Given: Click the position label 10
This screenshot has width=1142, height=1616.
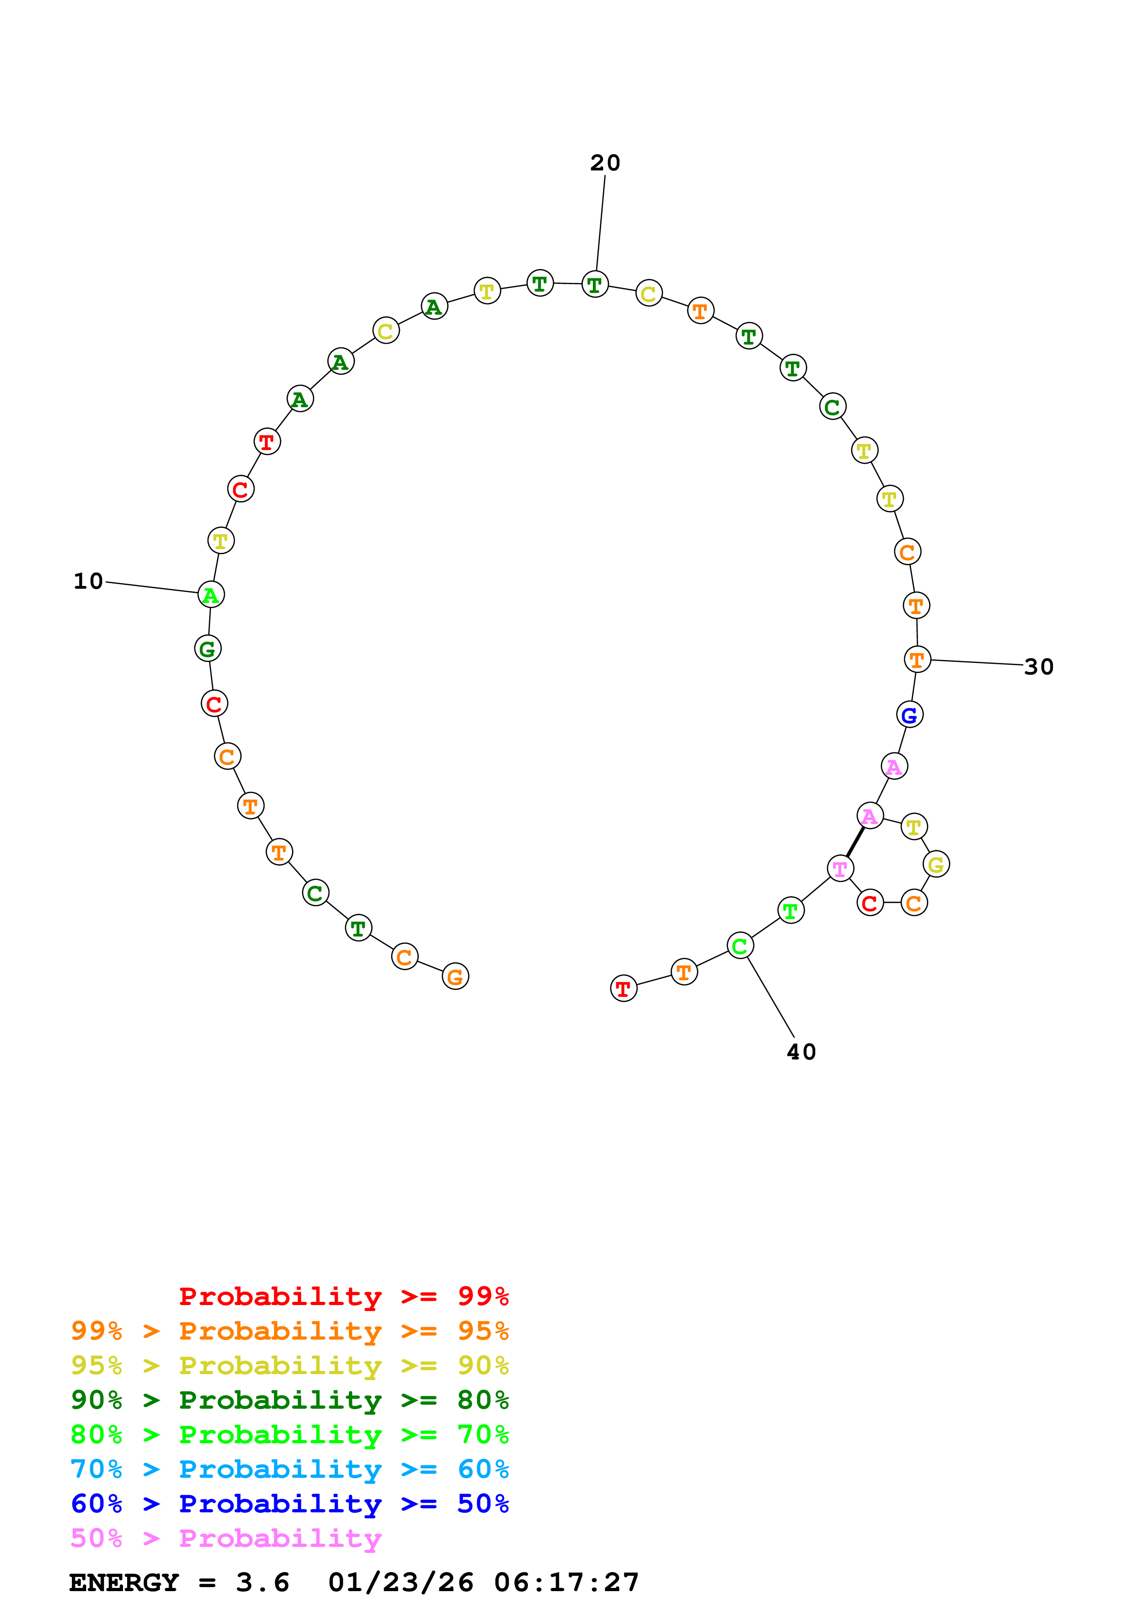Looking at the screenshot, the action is [88, 581].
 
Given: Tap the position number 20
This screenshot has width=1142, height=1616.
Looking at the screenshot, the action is [605, 163].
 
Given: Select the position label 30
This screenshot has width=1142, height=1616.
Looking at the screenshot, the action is [1038, 667].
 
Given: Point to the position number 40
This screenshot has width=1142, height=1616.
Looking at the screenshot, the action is [802, 1052].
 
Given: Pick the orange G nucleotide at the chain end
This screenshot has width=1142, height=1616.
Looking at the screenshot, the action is [455, 976].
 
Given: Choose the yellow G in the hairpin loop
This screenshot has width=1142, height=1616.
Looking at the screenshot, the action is [936, 864].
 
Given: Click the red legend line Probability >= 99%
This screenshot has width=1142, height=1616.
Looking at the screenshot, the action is [343, 1296].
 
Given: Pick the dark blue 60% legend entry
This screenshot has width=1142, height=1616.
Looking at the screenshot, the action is [289, 1504].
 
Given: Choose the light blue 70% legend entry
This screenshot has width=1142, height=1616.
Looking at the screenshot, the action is [289, 1469].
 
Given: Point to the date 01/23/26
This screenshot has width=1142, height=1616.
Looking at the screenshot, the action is [401, 1582].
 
